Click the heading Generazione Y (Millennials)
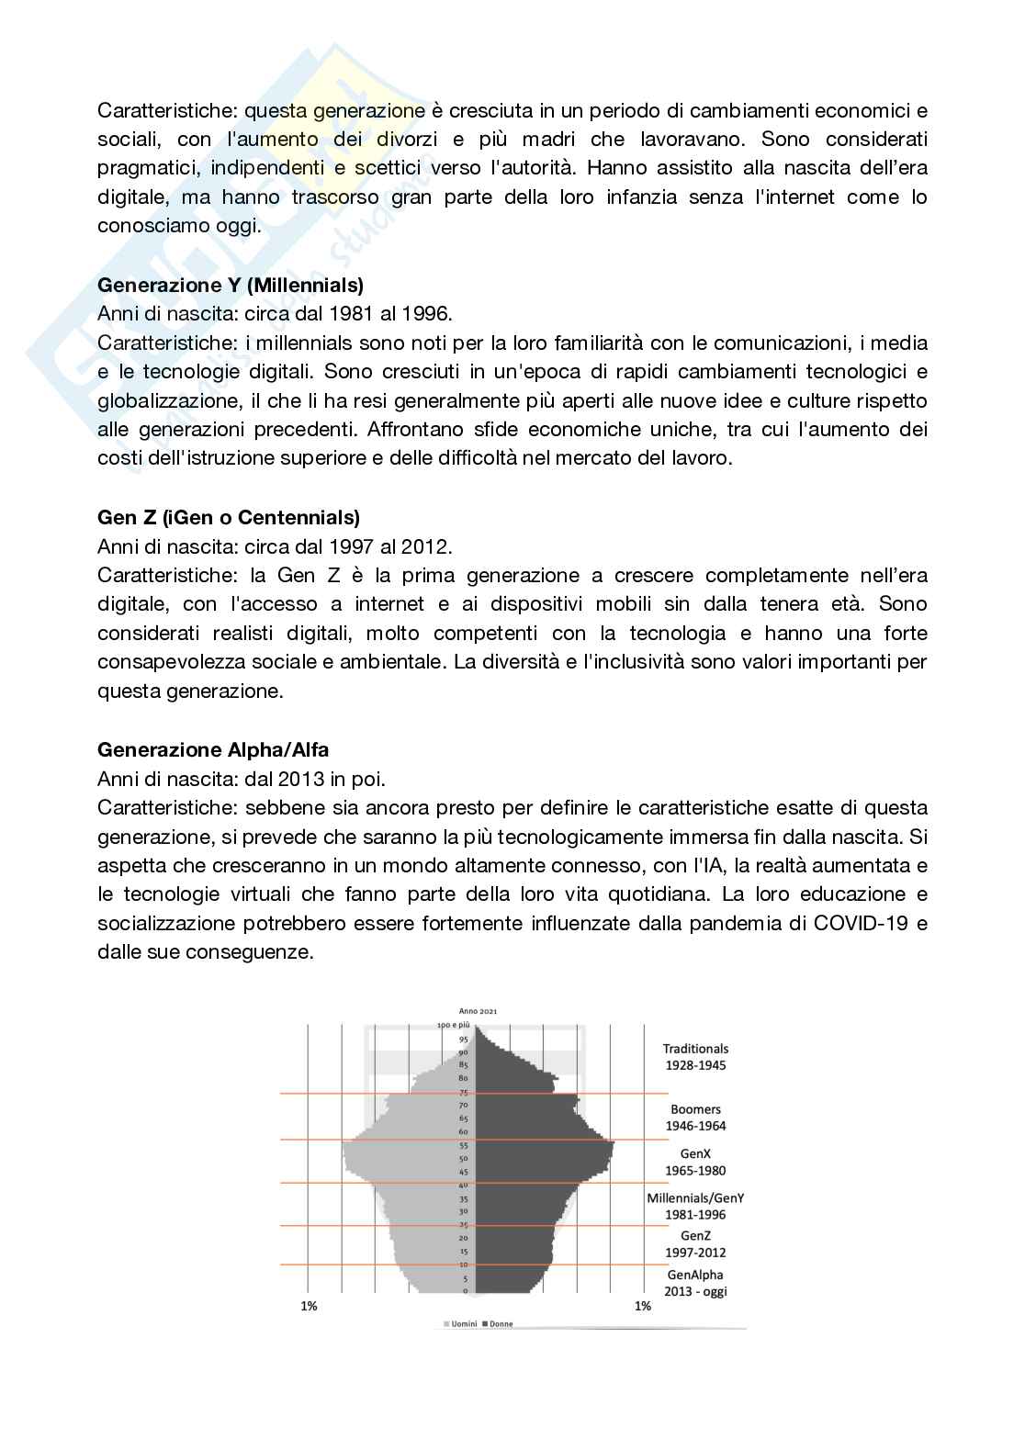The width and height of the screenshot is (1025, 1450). click(231, 285)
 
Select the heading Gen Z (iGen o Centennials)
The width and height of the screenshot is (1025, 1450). click(229, 517)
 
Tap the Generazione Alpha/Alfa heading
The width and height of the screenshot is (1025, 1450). click(213, 750)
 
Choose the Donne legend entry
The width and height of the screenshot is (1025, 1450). click(501, 1324)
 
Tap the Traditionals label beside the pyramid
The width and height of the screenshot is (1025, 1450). click(695, 1049)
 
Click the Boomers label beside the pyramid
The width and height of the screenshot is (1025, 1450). click(695, 1109)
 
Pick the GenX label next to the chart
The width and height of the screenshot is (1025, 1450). click(695, 1153)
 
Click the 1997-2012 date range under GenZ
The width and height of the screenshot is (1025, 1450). click(695, 1253)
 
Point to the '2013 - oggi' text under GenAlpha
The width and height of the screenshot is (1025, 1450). click(695, 1291)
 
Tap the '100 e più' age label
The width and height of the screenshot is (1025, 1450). click(453, 1025)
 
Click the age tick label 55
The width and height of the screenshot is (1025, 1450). click(464, 1146)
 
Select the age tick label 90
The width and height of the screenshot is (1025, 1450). click(464, 1052)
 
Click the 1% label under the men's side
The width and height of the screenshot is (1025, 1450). click(309, 1306)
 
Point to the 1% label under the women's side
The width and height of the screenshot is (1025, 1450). click(643, 1306)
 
